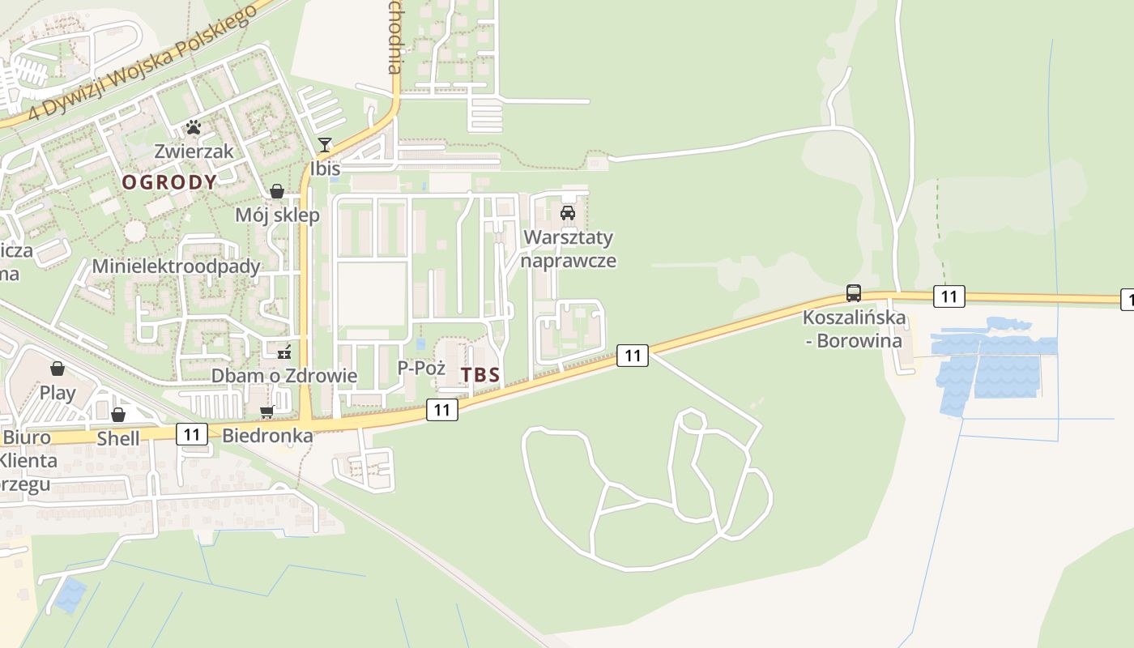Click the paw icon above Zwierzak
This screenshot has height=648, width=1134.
193,127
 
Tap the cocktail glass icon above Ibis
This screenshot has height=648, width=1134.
325,145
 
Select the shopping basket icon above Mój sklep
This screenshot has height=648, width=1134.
277,191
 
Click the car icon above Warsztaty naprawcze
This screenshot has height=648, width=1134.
568,213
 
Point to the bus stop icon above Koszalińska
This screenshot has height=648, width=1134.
854,293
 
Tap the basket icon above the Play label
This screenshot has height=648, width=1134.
58,369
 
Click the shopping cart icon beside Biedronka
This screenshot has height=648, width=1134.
267,412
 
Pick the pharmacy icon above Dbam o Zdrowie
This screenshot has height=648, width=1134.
284,352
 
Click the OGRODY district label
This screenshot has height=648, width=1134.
169,182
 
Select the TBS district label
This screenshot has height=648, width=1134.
480,376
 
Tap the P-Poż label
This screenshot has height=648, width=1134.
421,368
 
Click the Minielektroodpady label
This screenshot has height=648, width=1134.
176,266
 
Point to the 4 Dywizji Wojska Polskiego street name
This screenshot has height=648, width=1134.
143,61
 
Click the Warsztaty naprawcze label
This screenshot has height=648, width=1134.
568,249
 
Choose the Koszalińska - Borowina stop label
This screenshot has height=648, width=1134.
854,329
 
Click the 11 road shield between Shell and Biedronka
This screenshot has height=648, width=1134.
192,434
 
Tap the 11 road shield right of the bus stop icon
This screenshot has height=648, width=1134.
948,296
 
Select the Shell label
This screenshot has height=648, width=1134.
118,439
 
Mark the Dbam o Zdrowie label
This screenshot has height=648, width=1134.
284,376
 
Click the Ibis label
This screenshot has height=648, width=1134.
325,168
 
